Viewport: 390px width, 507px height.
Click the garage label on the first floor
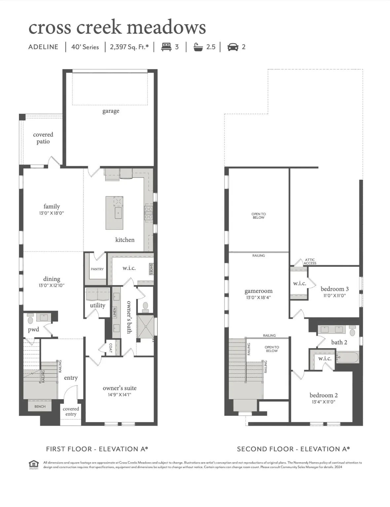pyautogui.click(x=111, y=111)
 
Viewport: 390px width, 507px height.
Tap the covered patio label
pyautogui.click(x=43, y=138)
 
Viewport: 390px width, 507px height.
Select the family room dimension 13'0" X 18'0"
pyautogui.click(x=52, y=213)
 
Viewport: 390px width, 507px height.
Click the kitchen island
pyautogui.click(x=114, y=213)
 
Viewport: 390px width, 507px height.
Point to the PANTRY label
pyautogui.click(x=97, y=269)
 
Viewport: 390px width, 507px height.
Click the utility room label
pyautogui.click(x=97, y=305)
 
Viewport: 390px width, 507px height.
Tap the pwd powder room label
pyautogui.click(x=33, y=329)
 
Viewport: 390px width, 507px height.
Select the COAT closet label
pyautogui.click(x=111, y=348)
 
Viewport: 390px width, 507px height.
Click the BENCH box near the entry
pyautogui.click(x=40, y=406)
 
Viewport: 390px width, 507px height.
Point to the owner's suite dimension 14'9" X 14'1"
pyautogui.click(x=120, y=395)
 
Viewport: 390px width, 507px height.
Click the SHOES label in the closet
pyautogui.click(x=151, y=269)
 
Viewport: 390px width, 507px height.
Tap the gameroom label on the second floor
pyautogui.click(x=259, y=291)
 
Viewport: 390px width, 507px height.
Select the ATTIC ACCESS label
pyautogui.click(x=310, y=261)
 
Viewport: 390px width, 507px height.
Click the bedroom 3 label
pyautogui.click(x=335, y=289)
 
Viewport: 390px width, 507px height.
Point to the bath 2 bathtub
pyautogui.click(x=347, y=357)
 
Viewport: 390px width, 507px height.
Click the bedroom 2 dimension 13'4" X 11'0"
pyautogui.click(x=324, y=402)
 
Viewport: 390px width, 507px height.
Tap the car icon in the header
pyautogui.click(x=233, y=47)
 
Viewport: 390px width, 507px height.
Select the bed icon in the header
pyautogui.click(x=166, y=47)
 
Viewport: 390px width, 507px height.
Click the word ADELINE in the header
pyautogui.click(x=43, y=47)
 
